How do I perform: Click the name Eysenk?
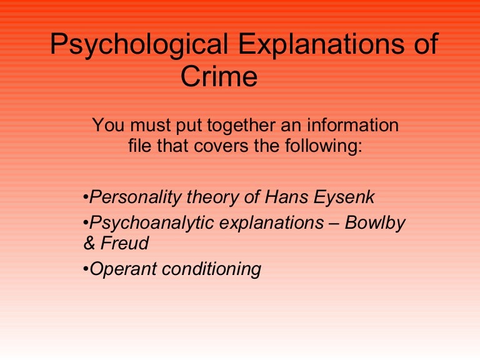point(346,198)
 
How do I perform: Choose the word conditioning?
point(211,269)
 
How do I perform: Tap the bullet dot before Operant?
point(86,270)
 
